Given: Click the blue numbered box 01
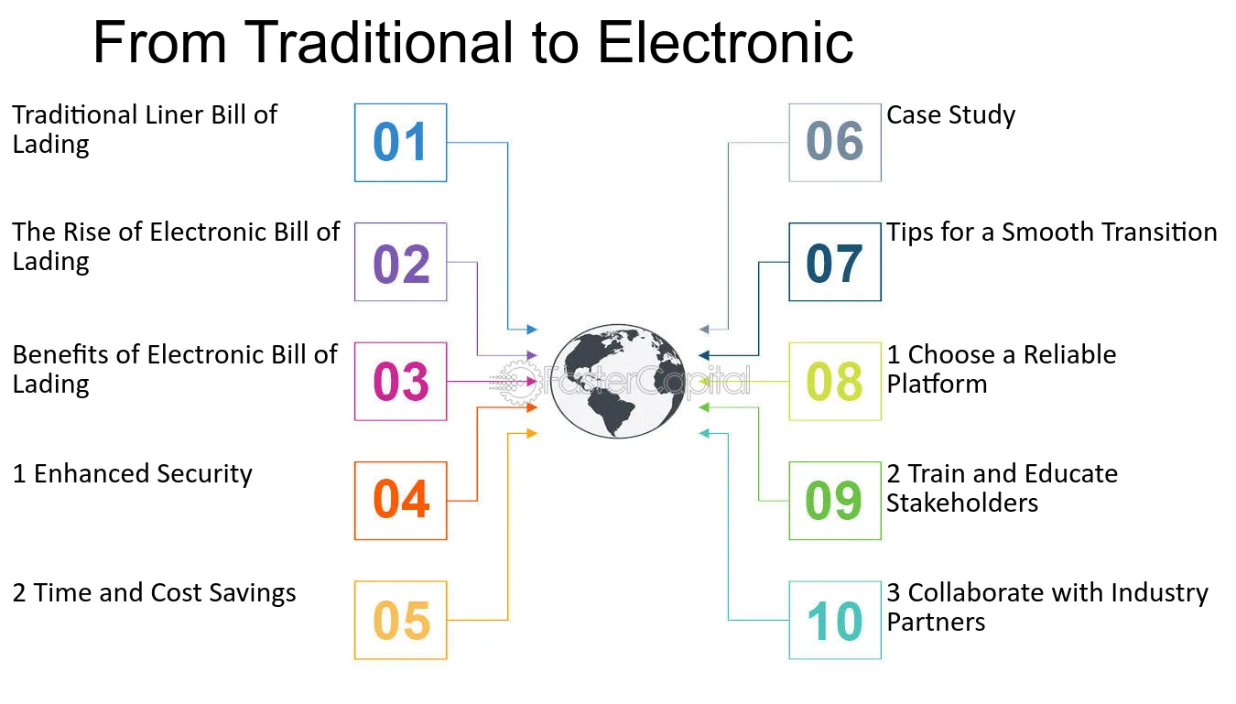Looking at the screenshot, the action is click(x=401, y=142).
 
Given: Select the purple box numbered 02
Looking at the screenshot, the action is click(x=401, y=262).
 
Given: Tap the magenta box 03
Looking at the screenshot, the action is click(x=401, y=381).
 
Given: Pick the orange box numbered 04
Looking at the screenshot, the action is click(x=401, y=501).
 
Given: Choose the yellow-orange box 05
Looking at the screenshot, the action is click(x=401, y=620).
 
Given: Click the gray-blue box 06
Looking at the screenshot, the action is click(x=835, y=142).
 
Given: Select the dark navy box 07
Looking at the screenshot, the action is click(x=835, y=262).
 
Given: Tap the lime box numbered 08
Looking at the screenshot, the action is click(x=835, y=381).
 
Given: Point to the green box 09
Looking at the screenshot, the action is click(x=835, y=501).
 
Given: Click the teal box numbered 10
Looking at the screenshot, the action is click(x=835, y=620).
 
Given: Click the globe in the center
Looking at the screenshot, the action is click(x=618, y=381).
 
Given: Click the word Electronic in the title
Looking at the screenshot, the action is click(x=726, y=42).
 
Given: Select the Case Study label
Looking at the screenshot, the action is click(x=950, y=115).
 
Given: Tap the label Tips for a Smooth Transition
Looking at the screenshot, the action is click(x=1052, y=233).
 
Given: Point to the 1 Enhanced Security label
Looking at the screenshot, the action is click(x=133, y=474).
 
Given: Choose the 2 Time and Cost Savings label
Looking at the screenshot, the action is click(x=154, y=593).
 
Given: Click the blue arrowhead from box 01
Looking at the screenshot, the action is click(x=532, y=330).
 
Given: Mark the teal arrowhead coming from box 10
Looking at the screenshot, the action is click(x=704, y=434).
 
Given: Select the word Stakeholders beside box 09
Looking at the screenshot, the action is click(x=962, y=504).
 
